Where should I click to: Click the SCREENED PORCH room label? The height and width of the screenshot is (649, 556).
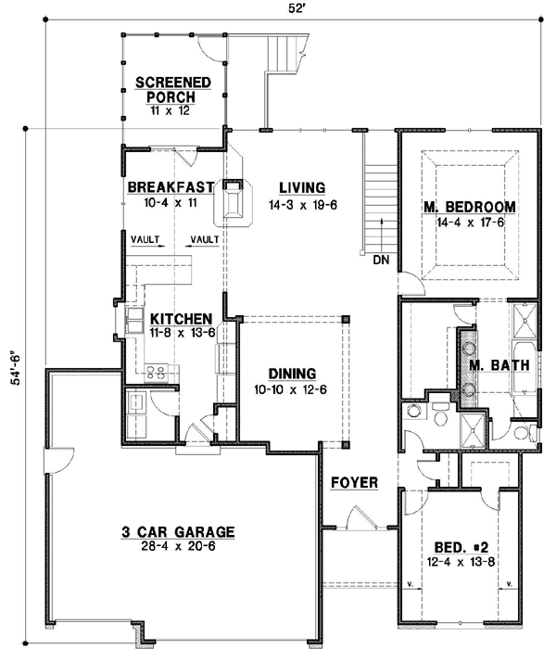click(173, 89)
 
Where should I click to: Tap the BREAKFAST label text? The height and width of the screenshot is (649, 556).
click(171, 186)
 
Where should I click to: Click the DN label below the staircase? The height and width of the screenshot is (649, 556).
click(381, 261)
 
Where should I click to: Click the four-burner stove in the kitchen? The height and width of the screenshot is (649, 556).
click(157, 374)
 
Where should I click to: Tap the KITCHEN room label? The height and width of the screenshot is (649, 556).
click(183, 317)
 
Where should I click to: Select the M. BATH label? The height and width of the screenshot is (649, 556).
click(499, 365)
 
